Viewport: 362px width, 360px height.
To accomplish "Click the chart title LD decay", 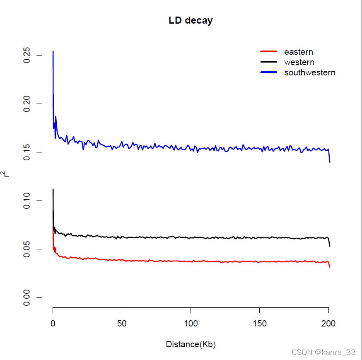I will (191, 20).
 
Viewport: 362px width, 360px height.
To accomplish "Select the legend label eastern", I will (298, 52).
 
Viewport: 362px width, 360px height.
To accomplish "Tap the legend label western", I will (299, 62).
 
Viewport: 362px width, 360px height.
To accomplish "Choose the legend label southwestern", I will (309, 72).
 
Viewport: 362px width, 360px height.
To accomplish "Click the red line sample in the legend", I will (268, 52).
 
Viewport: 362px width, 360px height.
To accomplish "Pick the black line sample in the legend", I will (268, 62).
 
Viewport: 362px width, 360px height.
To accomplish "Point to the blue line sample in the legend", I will (268, 72).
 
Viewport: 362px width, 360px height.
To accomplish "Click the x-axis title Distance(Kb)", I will (191, 344).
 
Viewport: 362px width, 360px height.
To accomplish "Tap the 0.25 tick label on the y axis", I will (27, 55).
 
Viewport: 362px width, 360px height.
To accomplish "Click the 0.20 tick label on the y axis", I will (27, 104).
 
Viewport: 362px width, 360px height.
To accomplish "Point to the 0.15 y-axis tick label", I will (27, 152).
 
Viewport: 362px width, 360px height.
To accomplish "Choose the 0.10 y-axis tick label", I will (27, 201).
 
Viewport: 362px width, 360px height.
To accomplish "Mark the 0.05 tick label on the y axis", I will (27, 249).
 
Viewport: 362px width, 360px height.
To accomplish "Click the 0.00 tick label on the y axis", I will (27, 297).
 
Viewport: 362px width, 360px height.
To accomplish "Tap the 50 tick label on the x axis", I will (122, 324).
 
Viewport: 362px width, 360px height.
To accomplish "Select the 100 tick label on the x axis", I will (191, 324).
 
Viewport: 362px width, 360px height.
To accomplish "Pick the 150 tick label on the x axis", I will (259, 324).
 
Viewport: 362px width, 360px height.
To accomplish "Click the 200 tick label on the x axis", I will (328, 324).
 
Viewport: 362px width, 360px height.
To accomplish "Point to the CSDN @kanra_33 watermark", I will (323, 353).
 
